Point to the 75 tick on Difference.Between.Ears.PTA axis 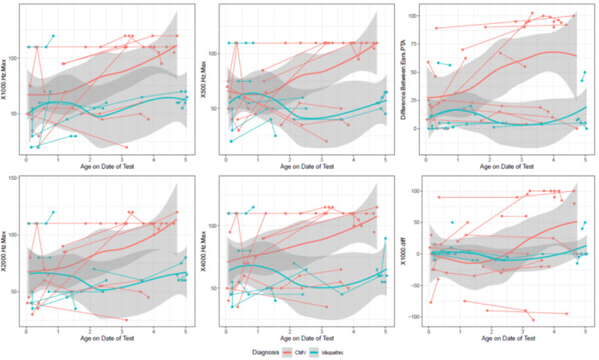413,44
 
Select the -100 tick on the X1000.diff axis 411,316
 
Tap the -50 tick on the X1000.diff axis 413,285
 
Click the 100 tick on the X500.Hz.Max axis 213,54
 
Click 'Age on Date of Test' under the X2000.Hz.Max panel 108,339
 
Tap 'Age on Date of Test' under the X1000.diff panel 507,339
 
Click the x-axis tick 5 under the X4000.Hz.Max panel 385,331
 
